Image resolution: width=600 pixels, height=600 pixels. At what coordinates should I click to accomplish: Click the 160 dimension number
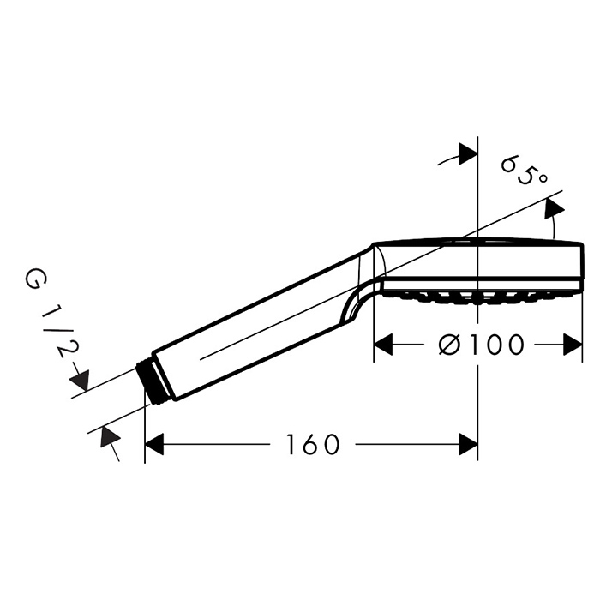pyautogui.click(x=313, y=444)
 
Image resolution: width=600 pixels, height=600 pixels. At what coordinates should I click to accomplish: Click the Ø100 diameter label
pyautogui.click(x=481, y=345)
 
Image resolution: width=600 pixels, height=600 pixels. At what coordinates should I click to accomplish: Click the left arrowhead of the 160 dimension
pyautogui.click(x=154, y=444)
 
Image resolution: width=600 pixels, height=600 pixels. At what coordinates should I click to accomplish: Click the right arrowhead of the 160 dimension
pyautogui.click(x=468, y=444)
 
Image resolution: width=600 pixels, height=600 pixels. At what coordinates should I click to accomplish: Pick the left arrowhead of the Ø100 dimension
pyautogui.click(x=383, y=345)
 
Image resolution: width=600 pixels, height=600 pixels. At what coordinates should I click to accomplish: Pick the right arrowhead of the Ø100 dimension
pyautogui.click(x=573, y=345)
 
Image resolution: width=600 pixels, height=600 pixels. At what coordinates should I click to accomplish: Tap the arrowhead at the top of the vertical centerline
pyautogui.click(x=468, y=154)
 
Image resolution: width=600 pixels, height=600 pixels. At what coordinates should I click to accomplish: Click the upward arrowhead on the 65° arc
pyautogui.click(x=555, y=209)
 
